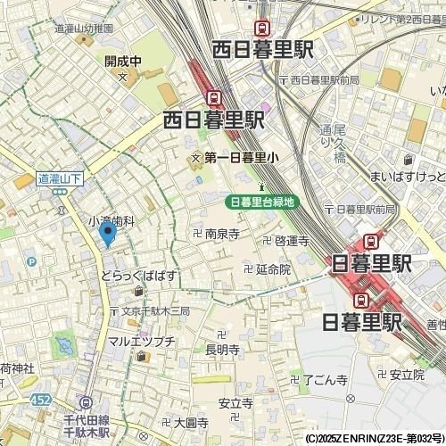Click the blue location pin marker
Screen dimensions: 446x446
point(108,235)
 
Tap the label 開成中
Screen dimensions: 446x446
point(123,62)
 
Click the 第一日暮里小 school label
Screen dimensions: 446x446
point(241,157)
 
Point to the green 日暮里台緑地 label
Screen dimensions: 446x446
point(261,202)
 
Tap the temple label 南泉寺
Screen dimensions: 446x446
point(222,234)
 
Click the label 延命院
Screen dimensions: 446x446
point(273,268)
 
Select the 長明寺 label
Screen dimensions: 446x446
point(222,351)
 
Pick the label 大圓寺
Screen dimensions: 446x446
point(191,422)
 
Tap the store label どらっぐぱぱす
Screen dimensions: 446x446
point(137,277)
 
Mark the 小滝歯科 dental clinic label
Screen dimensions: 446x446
point(111,219)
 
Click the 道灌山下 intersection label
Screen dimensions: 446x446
point(60,178)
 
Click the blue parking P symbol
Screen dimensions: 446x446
point(32,262)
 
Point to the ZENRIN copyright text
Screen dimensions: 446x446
point(373,439)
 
